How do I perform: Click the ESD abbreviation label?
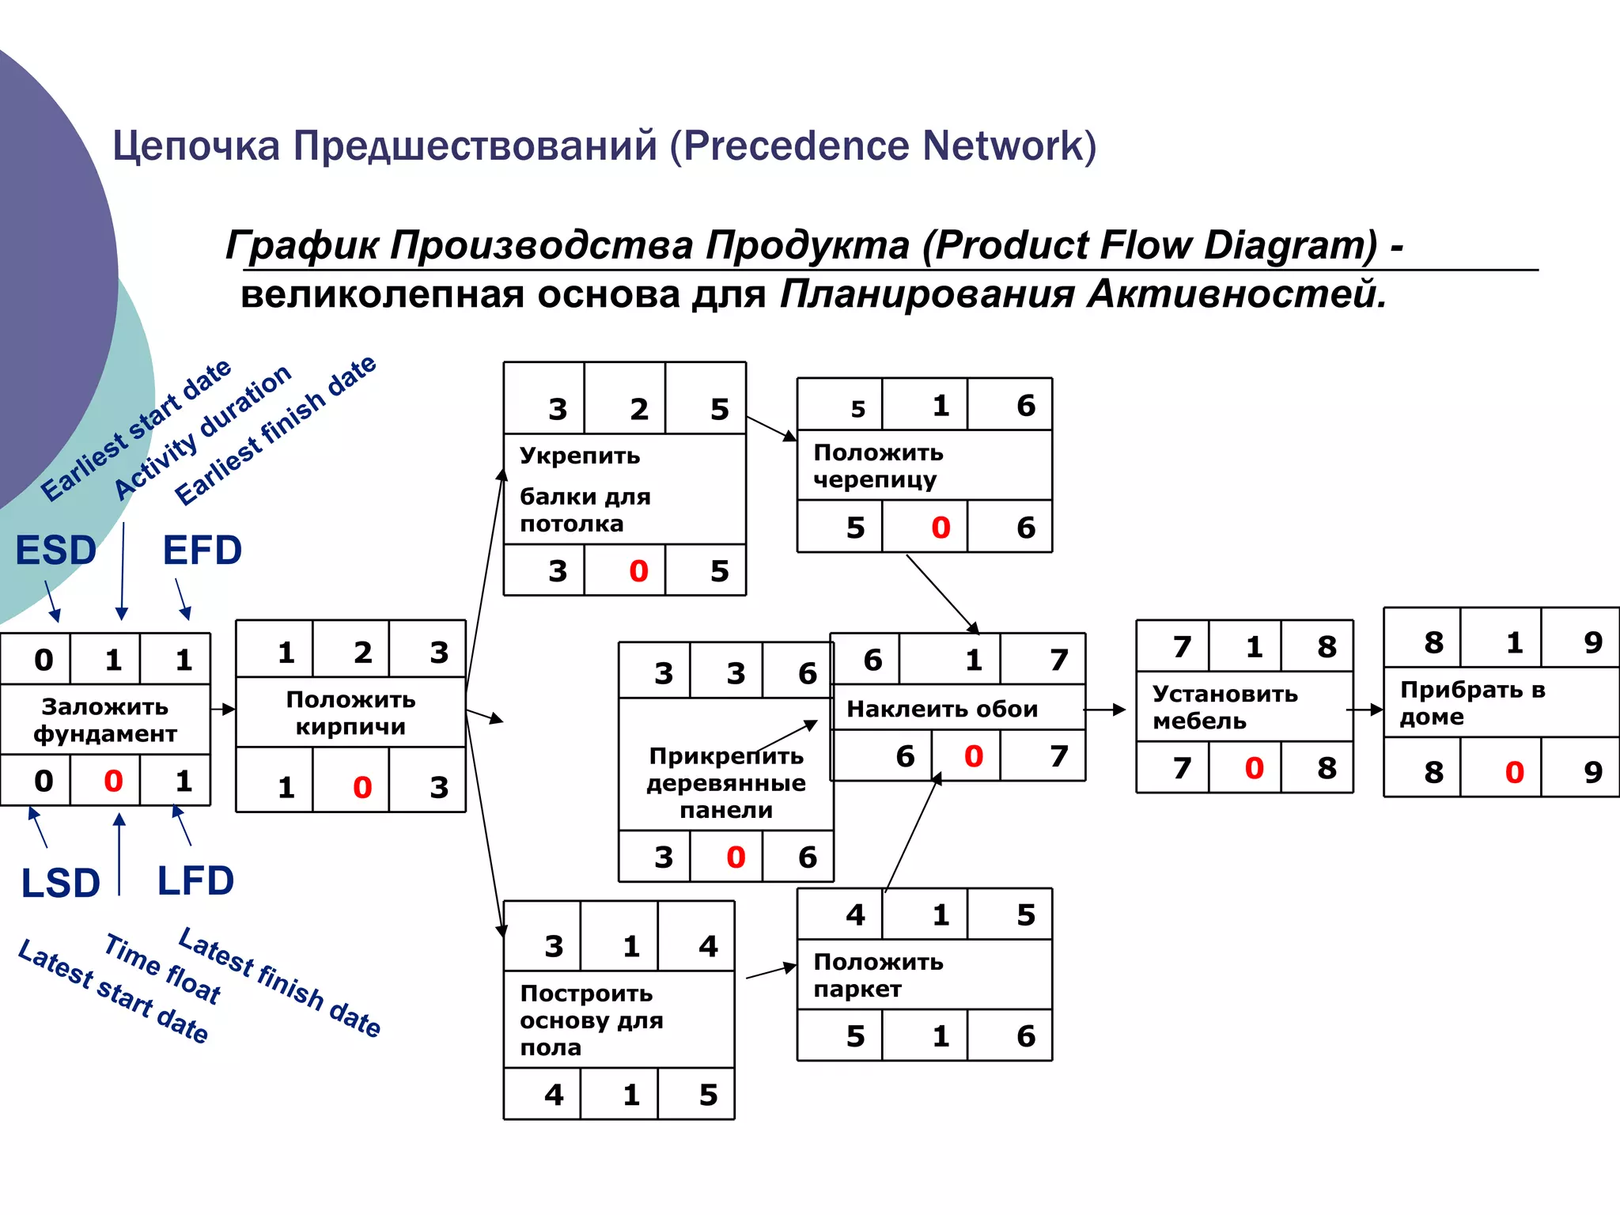[x=55, y=551]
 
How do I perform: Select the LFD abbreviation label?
[x=195, y=881]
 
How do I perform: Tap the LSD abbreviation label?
[x=60, y=884]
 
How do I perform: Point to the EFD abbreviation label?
[x=202, y=551]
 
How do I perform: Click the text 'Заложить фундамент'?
[x=104, y=720]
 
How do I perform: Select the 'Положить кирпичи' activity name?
[x=350, y=713]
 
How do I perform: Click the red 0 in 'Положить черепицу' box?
[x=940, y=528]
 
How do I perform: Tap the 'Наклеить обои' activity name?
[x=941, y=709]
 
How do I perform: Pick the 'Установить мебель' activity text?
[x=1224, y=707]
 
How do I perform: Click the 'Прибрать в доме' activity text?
[x=1471, y=703]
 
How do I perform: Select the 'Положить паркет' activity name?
[x=878, y=975]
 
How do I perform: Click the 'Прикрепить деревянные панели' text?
[x=726, y=783]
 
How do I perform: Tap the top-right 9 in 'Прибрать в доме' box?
[x=1592, y=642]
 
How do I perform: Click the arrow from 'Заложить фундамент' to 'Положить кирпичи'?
[x=223, y=710]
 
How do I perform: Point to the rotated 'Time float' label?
[x=162, y=969]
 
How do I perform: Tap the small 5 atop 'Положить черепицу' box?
[x=857, y=409]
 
